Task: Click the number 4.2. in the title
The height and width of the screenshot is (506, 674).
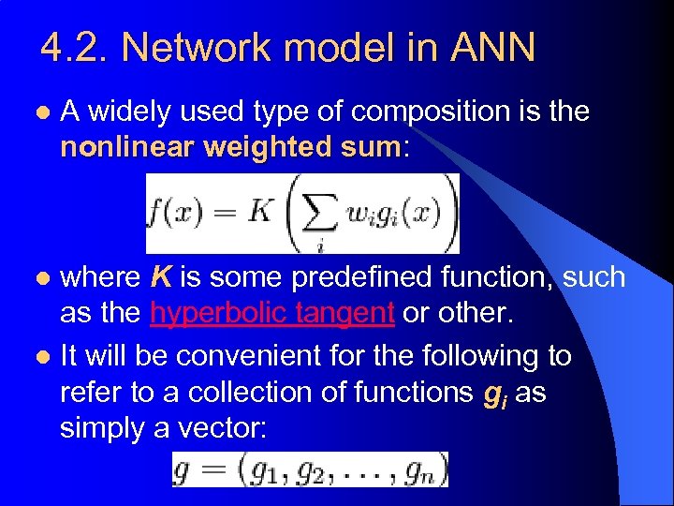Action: tap(73, 48)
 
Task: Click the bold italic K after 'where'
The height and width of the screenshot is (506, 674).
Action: tap(160, 277)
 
